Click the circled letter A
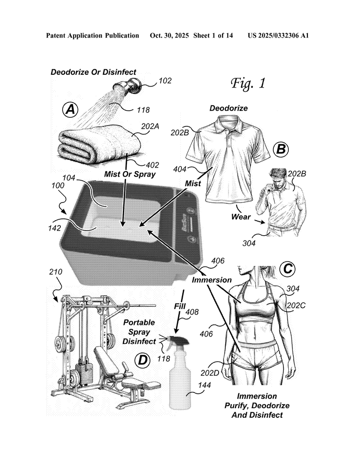(70, 109)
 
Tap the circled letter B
(281, 148)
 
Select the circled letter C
(287, 269)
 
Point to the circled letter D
(143, 360)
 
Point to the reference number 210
(57, 272)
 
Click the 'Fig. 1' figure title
(248, 83)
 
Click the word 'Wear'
(241, 217)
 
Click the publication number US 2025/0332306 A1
(278, 35)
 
